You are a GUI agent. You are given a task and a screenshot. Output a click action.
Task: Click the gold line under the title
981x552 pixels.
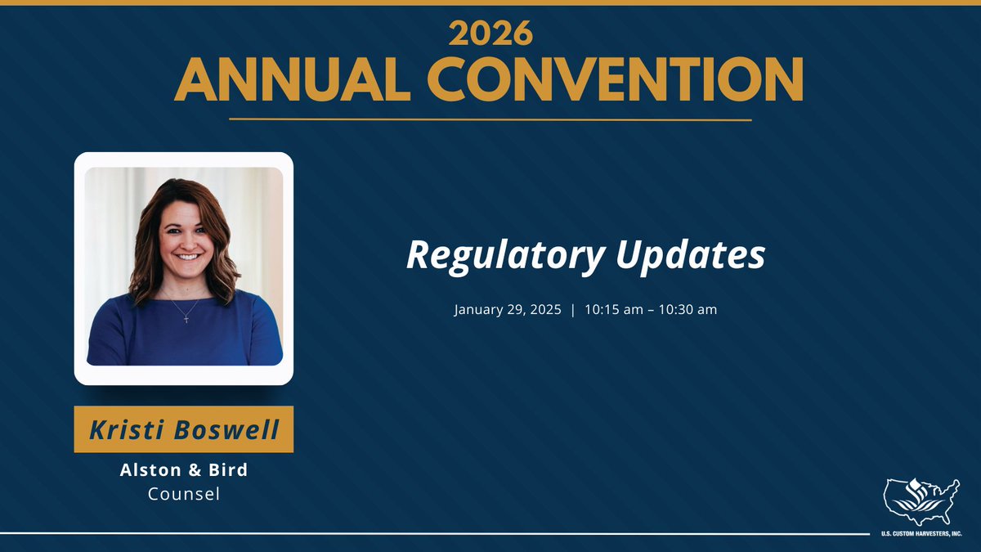[490, 119]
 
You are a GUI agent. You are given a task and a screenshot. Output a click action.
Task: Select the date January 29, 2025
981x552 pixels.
[508, 310]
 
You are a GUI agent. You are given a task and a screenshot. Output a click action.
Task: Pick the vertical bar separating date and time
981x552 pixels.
[573, 310]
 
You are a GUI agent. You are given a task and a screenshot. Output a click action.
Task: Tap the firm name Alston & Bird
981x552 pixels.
[184, 470]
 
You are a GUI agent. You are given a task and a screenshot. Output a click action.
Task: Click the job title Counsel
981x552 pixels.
[184, 494]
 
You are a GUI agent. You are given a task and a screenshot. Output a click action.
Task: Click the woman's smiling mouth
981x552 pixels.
[188, 256]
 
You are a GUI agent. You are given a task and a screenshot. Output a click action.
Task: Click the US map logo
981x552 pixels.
[921, 501]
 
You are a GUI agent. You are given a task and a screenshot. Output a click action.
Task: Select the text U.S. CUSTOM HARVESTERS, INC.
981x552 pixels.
[921, 534]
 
